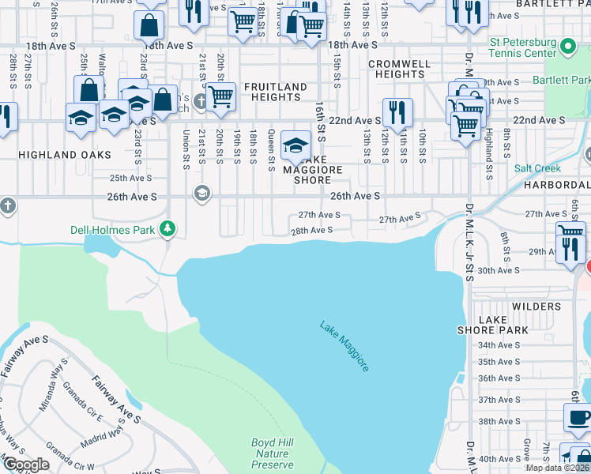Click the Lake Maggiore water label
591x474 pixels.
(344, 346)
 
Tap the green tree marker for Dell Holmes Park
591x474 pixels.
(167, 229)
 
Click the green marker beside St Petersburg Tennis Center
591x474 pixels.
(567, 48)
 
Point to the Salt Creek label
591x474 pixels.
(537, 168)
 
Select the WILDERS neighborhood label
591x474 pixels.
(536, 306)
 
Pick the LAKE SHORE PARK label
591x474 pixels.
(493, 325)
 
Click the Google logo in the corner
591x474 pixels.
(27, 465)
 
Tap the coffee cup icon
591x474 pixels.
(578, 417)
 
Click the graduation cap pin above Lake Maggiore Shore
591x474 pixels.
(296, 145)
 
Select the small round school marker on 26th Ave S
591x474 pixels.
(202, 194)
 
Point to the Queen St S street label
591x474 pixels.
(271, 150)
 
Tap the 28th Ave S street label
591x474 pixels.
(311, 230)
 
